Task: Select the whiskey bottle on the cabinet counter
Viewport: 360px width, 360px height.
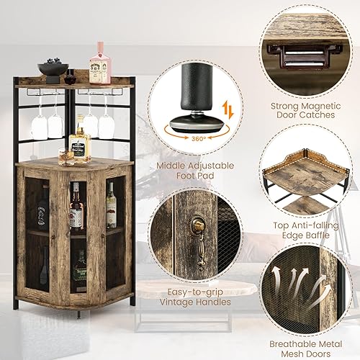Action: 80,140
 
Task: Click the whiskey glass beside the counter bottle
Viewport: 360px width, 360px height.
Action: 66,157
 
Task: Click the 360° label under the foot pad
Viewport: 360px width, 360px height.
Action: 199,138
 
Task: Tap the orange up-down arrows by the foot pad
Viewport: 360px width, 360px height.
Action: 228,110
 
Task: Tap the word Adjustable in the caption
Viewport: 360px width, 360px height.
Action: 210,166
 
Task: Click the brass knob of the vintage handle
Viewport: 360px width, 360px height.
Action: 199,225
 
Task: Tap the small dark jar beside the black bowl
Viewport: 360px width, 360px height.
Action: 69,79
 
